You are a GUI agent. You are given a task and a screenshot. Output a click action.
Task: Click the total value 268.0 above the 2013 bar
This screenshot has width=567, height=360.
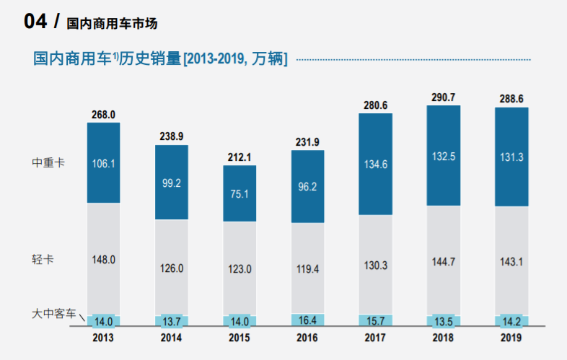(x=103, y=114)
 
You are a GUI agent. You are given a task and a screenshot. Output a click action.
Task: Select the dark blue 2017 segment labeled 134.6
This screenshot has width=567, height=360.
(x=375, y=164)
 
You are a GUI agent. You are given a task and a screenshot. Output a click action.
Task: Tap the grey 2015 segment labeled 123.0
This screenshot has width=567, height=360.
(x=239, y=268)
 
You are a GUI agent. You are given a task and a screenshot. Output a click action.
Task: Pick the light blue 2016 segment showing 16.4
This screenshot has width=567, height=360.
(x=307, y=320)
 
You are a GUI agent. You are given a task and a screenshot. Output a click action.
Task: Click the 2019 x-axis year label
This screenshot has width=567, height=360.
(x=511, y=337)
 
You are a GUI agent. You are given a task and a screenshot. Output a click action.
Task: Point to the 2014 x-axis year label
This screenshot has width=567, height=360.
(x=171, y=337)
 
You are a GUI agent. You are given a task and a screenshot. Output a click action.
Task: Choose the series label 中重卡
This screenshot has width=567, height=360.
(x=48, y=163)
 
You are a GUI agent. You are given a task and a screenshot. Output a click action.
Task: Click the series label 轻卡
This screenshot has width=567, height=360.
(x=43, y=259)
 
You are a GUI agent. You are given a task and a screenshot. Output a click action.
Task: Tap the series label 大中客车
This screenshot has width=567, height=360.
(x=53, y=314)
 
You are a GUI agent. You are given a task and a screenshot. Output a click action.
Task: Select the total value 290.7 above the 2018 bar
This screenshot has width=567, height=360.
(x=443, y=97)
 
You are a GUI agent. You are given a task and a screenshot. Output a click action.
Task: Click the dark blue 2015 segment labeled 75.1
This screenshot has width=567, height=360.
(x=239, y=193)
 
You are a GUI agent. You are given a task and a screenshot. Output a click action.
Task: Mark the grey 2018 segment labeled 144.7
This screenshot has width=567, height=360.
(x=443, y=260)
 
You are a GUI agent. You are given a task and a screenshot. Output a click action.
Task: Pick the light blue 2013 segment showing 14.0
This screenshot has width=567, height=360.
(x=103, y=320)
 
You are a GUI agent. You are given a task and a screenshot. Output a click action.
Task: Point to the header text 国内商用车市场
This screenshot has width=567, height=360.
(x=112, y=24)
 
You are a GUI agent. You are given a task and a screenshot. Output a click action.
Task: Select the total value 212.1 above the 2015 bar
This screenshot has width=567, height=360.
(x=239, y=157)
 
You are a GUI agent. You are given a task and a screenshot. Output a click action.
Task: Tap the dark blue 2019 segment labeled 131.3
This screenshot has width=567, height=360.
(x=511, y=157)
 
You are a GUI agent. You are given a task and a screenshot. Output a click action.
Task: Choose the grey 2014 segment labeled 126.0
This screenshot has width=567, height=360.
(x=171, y=268)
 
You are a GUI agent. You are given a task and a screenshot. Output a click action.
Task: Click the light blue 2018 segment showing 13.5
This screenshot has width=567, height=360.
(x=443, y=320)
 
